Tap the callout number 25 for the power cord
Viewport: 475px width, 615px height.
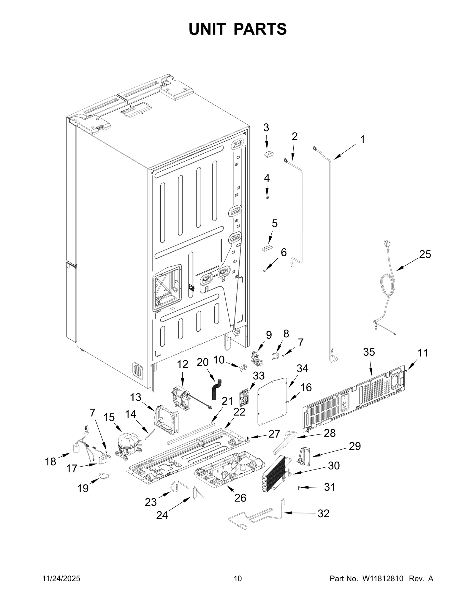[425, 254]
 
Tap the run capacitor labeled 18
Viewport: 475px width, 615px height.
[77, 456]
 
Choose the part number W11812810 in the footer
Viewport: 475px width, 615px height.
[382, 578]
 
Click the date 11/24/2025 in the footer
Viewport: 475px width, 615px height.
[61, 578]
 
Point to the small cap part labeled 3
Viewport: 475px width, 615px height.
[269, 154]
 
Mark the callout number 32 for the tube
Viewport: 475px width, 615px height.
[323, 513]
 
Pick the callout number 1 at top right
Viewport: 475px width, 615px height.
[362, 139]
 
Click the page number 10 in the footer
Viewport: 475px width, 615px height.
[237, 578]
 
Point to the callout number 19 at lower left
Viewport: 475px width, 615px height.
[83, 488]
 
